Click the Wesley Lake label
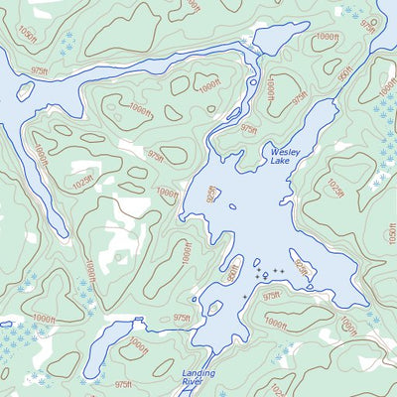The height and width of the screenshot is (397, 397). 285,157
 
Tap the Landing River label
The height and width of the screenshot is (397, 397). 199,378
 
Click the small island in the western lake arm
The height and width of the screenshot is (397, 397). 25,91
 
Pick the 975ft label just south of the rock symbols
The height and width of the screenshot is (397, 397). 272,296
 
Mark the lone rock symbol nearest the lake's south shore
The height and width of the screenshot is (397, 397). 245,296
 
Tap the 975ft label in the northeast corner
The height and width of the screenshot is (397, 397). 369,22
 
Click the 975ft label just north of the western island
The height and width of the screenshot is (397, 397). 40,74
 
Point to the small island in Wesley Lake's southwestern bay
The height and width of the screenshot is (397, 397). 211,308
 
